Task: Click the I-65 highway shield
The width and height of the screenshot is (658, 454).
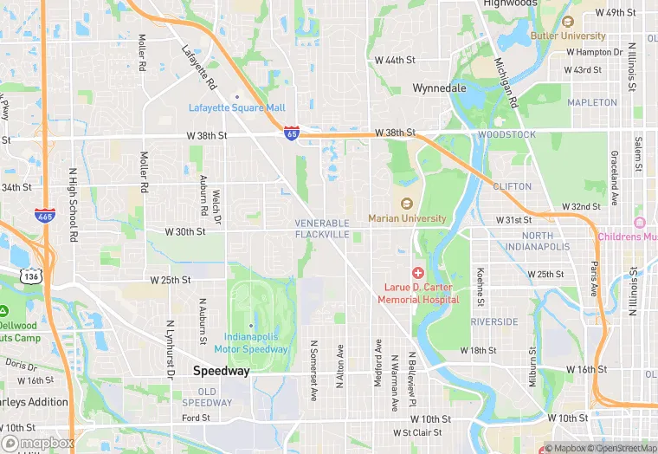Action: (x=292, y=133)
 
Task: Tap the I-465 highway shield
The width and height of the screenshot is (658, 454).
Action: (x=46, y=215)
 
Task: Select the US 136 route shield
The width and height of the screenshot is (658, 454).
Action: (x=29, y=276)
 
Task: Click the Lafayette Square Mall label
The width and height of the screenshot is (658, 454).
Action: (x=236, y=107)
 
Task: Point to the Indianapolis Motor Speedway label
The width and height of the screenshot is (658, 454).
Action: (x=251, y=342)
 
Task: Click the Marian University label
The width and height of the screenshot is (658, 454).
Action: (x=407, y=218)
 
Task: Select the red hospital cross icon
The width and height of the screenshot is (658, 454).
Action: (x=418, y=274)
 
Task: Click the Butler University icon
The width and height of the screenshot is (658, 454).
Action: (x=568, y=23)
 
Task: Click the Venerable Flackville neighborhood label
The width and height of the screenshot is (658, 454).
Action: (x=322, y=229)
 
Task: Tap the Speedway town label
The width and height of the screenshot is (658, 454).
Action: (x=221, y=371)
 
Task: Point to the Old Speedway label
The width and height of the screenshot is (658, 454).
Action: (x=207, y=397)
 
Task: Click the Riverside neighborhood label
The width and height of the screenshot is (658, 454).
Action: (x=494, y=321)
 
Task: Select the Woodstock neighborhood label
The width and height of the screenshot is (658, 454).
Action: (x=506, y=134)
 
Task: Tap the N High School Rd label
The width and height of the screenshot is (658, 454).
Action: (x=73, y=212)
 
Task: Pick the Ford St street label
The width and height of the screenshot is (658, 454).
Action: (x=197, y=418)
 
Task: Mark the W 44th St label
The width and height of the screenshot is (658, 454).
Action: (x=395, y=60)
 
